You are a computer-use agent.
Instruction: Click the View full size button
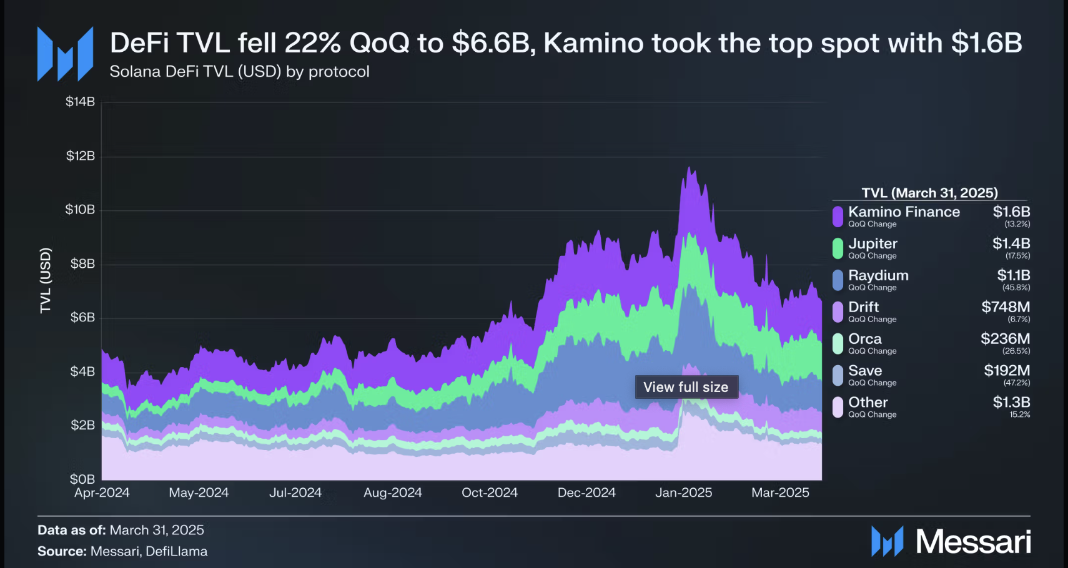686,387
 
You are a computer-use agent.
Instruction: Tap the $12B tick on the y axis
81,155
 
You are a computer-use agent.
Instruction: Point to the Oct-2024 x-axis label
490,492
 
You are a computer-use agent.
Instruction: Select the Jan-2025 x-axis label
683,492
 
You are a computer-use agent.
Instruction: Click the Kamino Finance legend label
904,212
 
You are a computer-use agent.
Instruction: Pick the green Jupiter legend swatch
838,248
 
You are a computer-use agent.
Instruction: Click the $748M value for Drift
1006,306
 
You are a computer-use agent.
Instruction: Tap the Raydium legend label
878,275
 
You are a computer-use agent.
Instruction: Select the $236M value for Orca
1005,338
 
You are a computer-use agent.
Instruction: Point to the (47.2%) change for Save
1017,383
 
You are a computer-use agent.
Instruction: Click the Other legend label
868,402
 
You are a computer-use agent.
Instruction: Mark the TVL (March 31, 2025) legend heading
929,193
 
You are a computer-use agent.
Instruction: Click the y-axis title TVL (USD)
45,280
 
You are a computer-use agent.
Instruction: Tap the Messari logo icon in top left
65,54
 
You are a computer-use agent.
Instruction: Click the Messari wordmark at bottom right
972,541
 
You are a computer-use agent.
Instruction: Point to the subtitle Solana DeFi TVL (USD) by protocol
239,72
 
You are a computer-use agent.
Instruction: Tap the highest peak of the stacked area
688,167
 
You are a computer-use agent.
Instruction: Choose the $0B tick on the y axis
82,479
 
